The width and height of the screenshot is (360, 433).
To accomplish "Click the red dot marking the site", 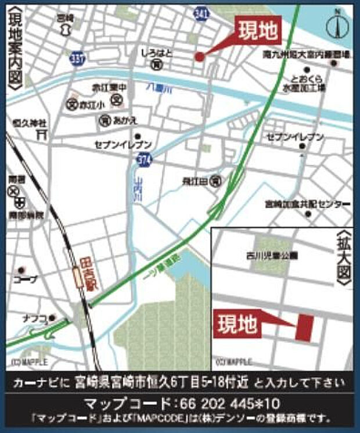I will [x=199, y=56].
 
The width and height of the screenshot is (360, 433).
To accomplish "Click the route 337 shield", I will [x=76, y=58].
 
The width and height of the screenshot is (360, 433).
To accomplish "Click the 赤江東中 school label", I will [x=109, y=87].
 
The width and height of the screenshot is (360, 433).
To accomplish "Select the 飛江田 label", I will [x=195, y=181].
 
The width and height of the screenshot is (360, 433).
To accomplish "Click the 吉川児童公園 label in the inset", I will [x=271, y=255].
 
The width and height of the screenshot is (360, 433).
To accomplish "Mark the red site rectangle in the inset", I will [x=304, y=327].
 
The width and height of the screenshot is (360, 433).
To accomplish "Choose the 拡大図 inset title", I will [x=343, y=256].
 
